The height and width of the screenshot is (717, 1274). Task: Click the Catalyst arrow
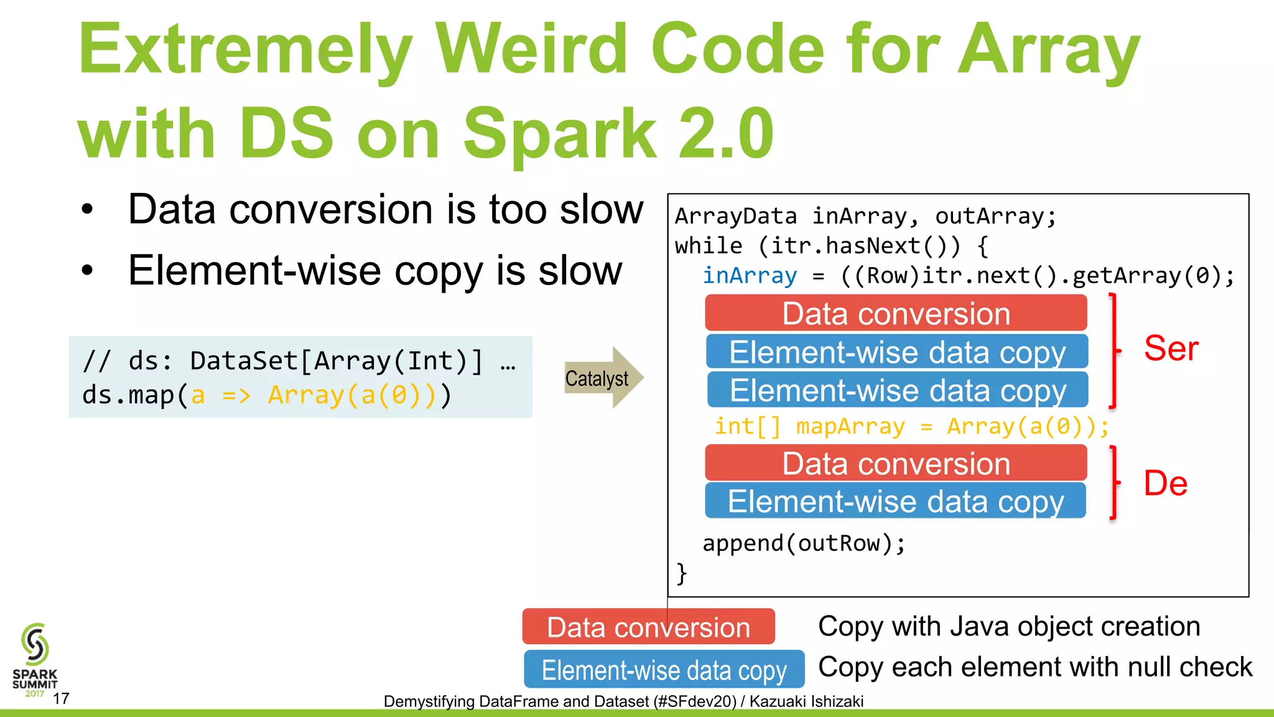[602, 378]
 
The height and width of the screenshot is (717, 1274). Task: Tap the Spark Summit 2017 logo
[35, 660]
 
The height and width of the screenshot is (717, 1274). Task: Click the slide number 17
[61, 699]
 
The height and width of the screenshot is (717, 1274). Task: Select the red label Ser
[1171, 348]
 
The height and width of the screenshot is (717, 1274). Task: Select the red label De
[1165, 484]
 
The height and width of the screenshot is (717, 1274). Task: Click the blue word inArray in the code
[750, 276]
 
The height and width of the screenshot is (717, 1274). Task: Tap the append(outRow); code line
[804, 543]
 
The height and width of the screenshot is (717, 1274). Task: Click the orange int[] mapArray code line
[911, 427]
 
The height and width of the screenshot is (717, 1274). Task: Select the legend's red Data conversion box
[648, 627]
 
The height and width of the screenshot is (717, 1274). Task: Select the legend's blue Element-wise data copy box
[664, 670]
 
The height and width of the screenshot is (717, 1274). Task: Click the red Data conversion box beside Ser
[896, 313]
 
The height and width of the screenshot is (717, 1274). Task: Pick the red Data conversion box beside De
[896, 464]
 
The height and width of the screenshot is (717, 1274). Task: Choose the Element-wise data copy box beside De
[896, 502]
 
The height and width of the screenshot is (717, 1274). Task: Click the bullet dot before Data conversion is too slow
[88, 210]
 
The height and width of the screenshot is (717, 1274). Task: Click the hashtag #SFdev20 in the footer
[697, 701]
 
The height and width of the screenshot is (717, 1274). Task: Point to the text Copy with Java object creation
[1008, 626]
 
